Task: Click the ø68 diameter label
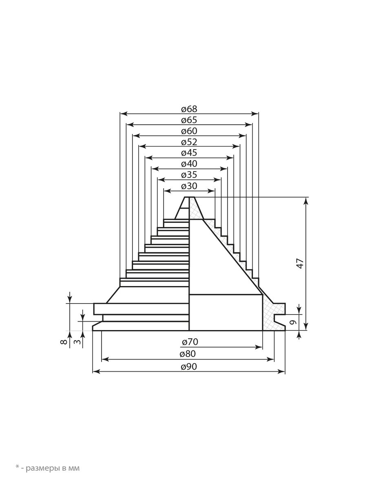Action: tap(189, 109)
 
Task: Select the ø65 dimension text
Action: tap(189, 120)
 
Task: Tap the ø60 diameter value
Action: tap(189, 131)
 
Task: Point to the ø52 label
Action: tap(189, 142)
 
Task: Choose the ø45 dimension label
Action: tap(189, 152)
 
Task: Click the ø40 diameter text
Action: tap(189, 164)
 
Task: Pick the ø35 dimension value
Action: tap(189, 175)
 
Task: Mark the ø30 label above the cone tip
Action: tap(189, 185)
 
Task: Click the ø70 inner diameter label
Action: tap(190, 342)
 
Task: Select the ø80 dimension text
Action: tap(188, 354)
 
